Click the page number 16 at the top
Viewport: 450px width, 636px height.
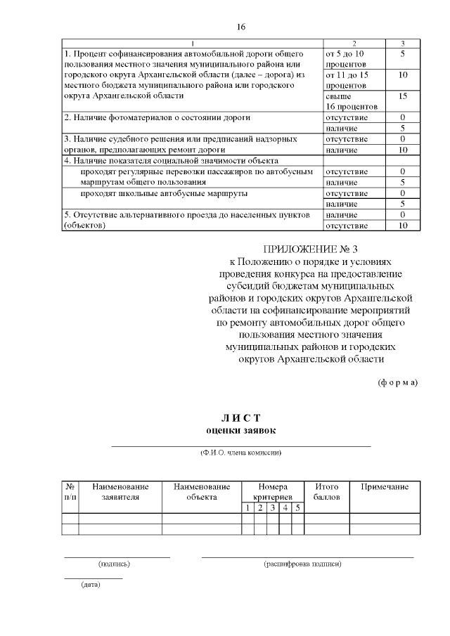pos(240,27)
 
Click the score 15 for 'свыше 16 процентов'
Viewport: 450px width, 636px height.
pos(402,96)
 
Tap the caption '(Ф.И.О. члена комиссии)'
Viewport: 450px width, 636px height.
pos(240,453)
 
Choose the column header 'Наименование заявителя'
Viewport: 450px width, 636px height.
pos(120,492)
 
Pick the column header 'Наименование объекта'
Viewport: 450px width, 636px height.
pos(202,492)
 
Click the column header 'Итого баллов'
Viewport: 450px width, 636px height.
pos(327,492)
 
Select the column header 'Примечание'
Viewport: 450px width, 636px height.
pos(384,487)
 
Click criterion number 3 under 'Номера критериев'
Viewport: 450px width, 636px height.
pos(271,508)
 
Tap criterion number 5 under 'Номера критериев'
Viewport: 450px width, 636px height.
pos(297,508)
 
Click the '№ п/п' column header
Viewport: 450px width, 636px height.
pos(70,492)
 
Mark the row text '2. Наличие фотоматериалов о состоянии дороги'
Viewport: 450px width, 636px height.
pos(157,117)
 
